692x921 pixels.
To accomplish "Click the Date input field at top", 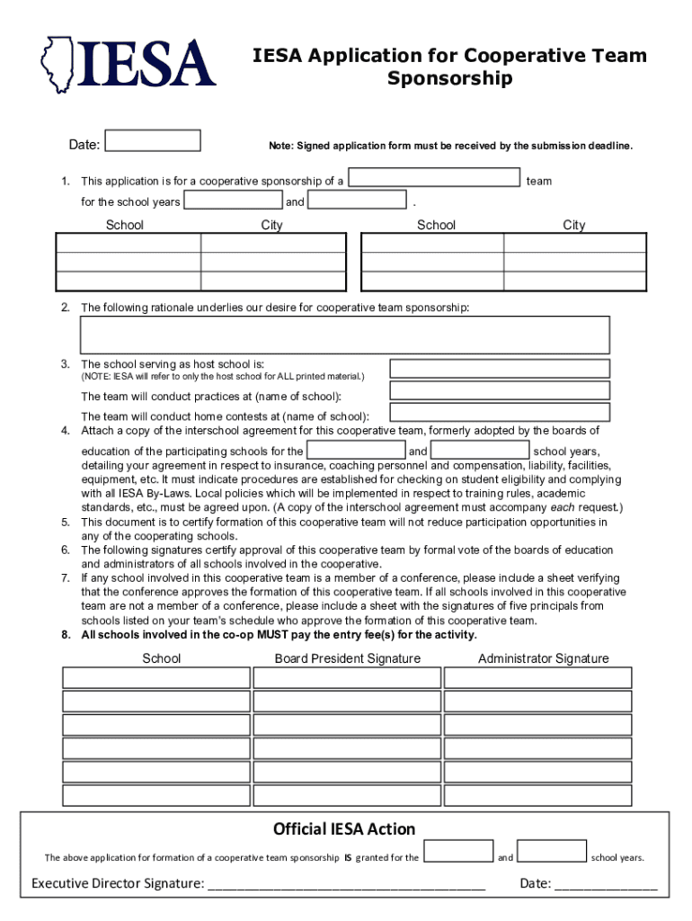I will point(152,141).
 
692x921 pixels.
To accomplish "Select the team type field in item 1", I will point(435,179).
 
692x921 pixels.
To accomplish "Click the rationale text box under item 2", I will point(345,335).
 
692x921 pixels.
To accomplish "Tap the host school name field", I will point(499,369).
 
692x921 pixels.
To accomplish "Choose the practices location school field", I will point(499,390).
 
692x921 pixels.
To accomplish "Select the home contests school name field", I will point(499,412).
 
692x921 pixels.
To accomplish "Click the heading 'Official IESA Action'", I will point(344,828).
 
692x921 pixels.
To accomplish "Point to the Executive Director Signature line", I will point(346,885).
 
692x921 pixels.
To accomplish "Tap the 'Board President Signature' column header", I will point(347,658).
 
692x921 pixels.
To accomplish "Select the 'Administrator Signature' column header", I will point(543,658).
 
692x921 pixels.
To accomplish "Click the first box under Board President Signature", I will point(347,678).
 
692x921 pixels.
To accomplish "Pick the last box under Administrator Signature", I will point(537,795).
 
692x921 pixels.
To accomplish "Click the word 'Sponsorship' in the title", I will point(449,78).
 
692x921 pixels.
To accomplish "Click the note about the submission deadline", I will point(450,146).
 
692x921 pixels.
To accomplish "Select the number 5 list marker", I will point(66,522).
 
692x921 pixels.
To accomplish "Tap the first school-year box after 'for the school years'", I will point(233,201).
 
